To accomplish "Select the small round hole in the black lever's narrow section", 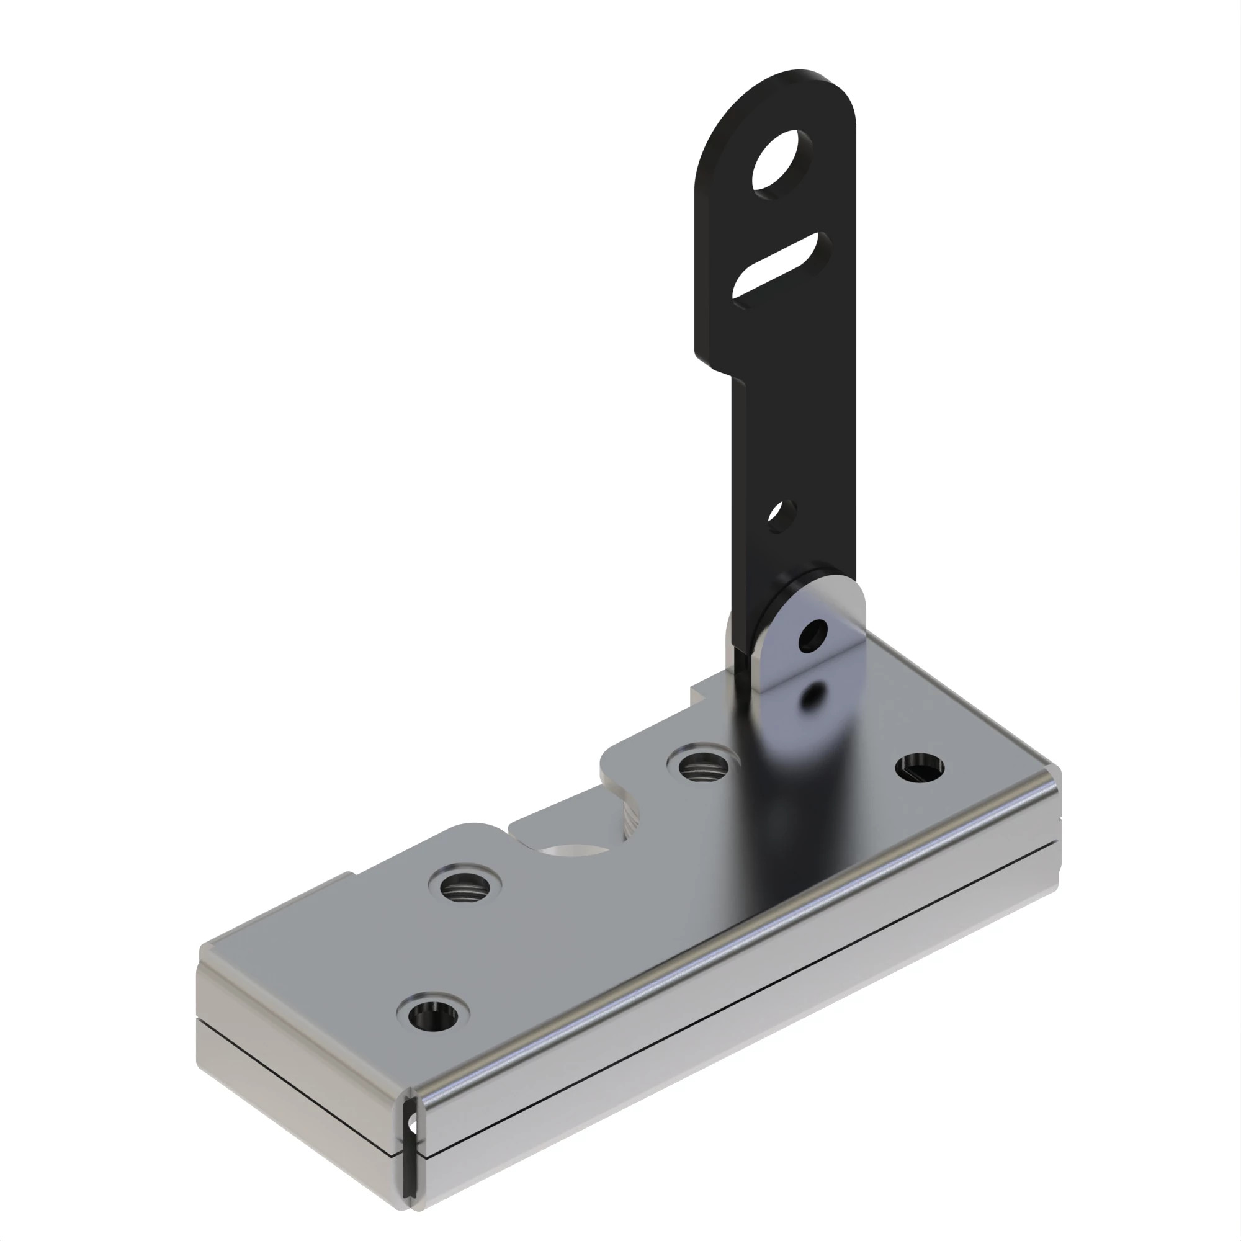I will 782,515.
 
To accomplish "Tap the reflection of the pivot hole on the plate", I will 813,695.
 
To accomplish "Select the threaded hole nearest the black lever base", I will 697,766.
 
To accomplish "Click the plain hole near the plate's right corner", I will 919,766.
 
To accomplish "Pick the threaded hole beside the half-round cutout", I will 465,887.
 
